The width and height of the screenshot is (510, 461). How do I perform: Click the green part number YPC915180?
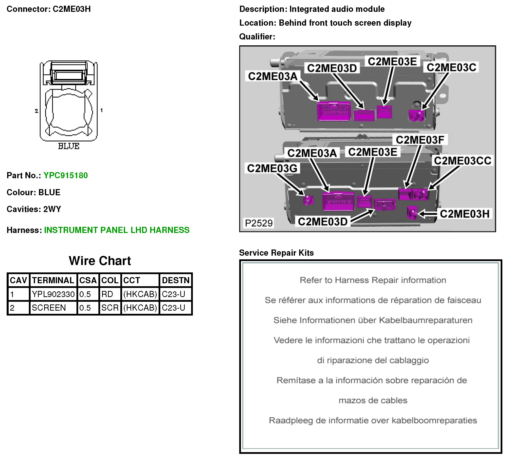point(66,175)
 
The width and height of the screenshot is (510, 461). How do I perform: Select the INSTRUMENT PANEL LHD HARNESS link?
point(117,230)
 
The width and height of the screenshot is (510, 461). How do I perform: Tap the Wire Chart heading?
point(100,261)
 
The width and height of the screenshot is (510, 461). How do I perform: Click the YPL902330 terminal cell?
point(53,294)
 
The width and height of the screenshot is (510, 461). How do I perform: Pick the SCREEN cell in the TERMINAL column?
point(49,308)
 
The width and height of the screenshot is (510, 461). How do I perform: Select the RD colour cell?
point(107,294)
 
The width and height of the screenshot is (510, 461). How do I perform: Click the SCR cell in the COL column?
point(110,308)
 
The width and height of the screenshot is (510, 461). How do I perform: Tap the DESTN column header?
point(176,280)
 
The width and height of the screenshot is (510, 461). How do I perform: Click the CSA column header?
point(88,280)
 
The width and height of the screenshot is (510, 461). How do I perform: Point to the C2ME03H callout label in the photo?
point(464,214)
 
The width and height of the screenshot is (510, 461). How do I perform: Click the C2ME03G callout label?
point(272,168)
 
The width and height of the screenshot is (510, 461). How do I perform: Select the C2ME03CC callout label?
point(462,161)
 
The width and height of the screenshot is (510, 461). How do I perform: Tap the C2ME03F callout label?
point(420,140)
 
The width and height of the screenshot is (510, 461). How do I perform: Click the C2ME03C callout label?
point(451,68)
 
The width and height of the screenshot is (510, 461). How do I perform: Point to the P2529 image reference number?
point(259,223)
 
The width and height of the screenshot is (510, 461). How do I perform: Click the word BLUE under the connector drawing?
point(69,146)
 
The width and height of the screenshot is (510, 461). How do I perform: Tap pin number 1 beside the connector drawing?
point(101,110)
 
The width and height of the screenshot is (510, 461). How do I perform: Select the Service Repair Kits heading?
point(276,253)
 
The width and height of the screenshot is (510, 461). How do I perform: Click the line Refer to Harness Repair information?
point(373,280)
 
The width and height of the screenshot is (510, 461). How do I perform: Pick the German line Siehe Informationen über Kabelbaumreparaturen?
point(373,320)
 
